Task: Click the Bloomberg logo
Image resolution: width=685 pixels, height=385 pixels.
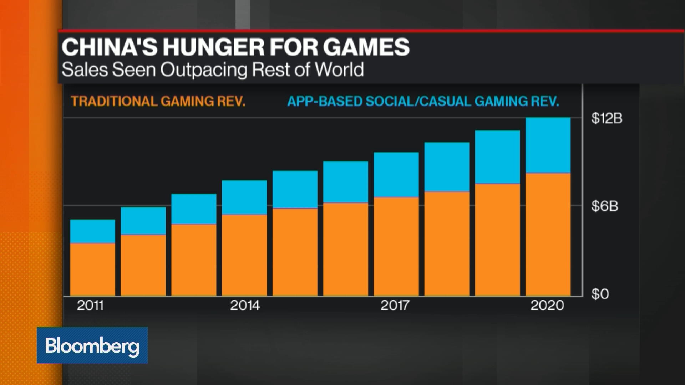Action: pos(92,345)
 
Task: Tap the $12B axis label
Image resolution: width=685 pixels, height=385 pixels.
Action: pos(607,118)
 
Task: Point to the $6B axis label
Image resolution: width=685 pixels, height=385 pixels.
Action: pos(604,206)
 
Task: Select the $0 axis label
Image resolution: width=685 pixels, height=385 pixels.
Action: pos(600,294)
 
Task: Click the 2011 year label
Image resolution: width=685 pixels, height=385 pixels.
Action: pos(90,305)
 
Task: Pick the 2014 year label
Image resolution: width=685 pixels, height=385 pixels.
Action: pos(245,305)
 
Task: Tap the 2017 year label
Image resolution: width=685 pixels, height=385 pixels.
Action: pos(395,305)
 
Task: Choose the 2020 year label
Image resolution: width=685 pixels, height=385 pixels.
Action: pos(547,305)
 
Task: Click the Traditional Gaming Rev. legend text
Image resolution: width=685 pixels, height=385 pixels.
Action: pos(158,102)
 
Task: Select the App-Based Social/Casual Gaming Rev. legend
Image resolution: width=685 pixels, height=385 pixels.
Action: pos(423,102)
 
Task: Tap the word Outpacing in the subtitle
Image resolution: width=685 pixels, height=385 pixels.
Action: pos(203,70)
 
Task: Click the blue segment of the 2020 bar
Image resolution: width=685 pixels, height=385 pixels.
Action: pos(548,145)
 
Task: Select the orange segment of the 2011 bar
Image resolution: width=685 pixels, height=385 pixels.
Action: pos(92,269)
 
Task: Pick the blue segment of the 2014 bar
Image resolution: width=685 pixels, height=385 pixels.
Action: pos(244,197)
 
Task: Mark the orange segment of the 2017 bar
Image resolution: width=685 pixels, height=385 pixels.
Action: pos(396,246)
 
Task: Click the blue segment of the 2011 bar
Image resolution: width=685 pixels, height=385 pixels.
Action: pos(92,231)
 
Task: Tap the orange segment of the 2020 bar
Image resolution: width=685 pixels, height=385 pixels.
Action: pos(548,234)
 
